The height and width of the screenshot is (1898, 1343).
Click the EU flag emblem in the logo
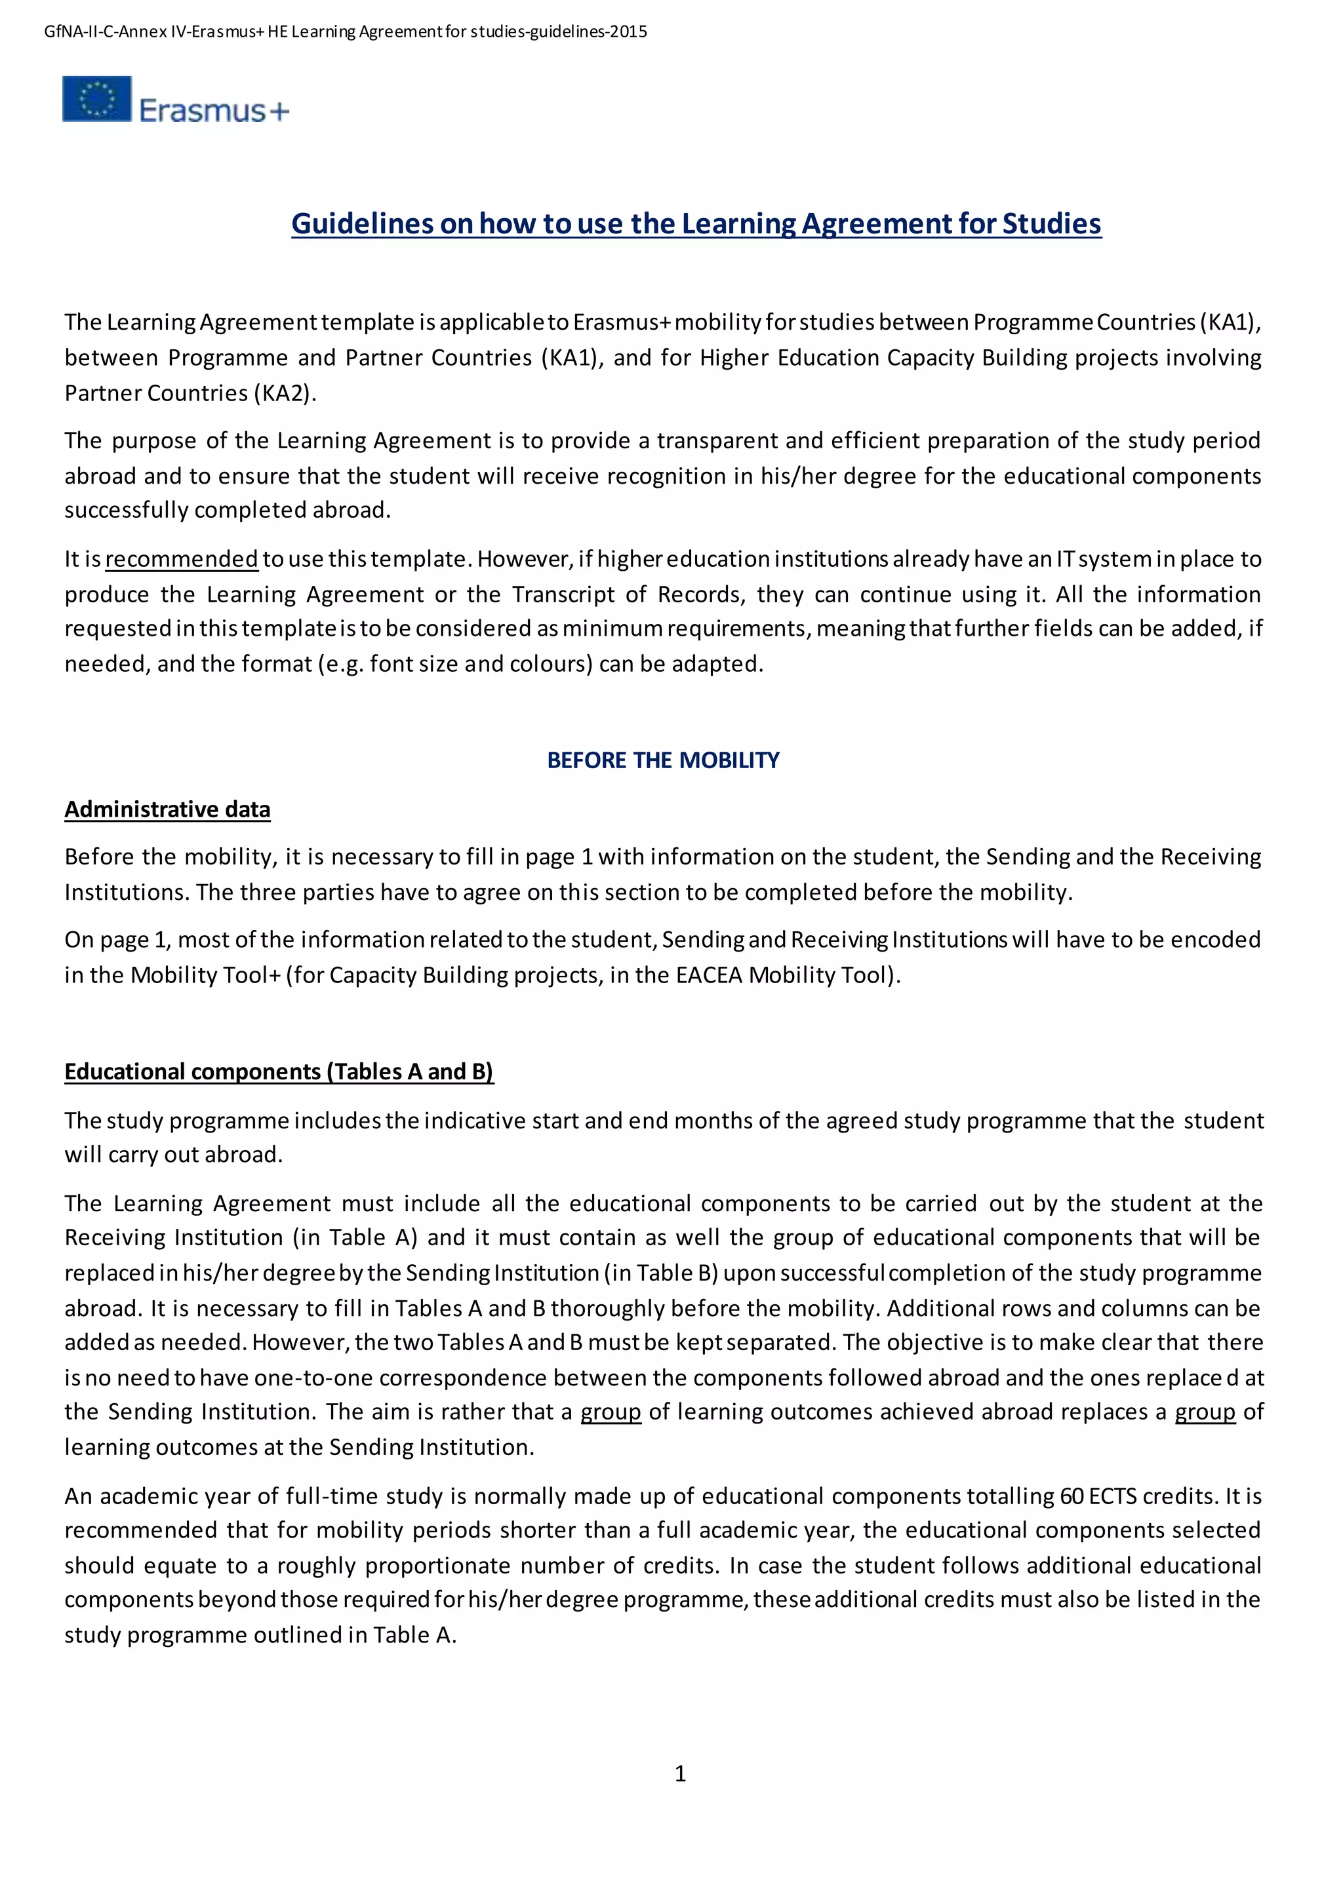coord(97,98)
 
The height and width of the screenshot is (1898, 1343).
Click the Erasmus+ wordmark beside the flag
coord(214,111)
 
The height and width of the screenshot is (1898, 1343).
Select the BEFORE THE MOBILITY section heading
coord(662,760)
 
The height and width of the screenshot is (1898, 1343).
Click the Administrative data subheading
coord(167,809)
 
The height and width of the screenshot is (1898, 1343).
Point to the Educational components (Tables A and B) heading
coord(279,1072)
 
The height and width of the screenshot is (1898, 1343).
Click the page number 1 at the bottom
coord(680,1773)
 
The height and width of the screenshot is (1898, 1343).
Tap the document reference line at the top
coord(345,32)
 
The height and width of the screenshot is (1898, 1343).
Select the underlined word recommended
coord(181,560)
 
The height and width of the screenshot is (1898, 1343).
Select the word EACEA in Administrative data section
coord(709,975)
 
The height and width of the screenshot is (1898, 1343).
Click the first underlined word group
coord(611,1412)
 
